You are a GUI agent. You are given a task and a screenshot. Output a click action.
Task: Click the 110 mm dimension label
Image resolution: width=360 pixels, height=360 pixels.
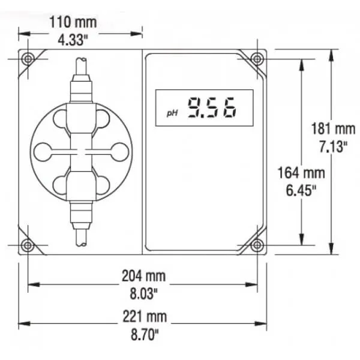[x=73, y=22]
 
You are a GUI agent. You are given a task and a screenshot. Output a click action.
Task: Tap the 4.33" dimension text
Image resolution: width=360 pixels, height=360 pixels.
[x=73, y=40]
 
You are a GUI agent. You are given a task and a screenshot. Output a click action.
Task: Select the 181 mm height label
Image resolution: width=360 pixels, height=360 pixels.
[x=333, y=128]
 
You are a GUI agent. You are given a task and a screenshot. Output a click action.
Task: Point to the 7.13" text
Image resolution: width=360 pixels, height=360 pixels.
[x=333, y=146]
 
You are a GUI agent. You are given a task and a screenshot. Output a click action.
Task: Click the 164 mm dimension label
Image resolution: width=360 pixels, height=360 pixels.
[x=301, y=173]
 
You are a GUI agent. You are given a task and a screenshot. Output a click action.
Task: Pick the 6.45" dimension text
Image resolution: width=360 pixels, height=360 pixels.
[x=301, y=190]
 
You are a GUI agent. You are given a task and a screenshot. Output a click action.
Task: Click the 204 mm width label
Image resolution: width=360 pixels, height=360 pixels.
[x=144, y=276]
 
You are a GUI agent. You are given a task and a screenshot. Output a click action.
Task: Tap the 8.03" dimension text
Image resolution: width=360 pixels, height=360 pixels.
[x=144, y=293]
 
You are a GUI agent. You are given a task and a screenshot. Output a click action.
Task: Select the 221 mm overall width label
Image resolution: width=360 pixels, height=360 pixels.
[x=145, y=316]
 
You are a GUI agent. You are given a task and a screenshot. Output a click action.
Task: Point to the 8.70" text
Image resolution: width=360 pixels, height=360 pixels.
[x=145, y=334]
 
